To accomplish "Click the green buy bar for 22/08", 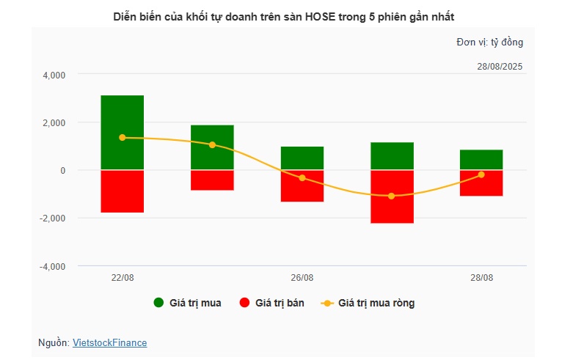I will point(122,132).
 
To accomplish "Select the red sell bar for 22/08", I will point(122,191).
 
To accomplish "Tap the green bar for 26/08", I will point(302,158).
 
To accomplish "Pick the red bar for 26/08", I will point(302,185).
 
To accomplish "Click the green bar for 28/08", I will point(481,160).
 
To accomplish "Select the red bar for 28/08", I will point(481,183).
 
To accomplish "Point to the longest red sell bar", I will point(392,196).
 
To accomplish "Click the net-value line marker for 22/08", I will point(122,138).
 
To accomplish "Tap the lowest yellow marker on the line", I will point(392,196).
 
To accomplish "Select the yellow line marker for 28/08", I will point(481,175).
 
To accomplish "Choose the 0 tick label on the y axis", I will point(62,171).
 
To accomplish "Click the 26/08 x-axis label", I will point(302,278).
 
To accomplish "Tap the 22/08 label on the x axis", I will point(122,278).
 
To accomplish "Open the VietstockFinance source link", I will point(109,342).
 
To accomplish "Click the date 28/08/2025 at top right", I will point(500,67).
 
